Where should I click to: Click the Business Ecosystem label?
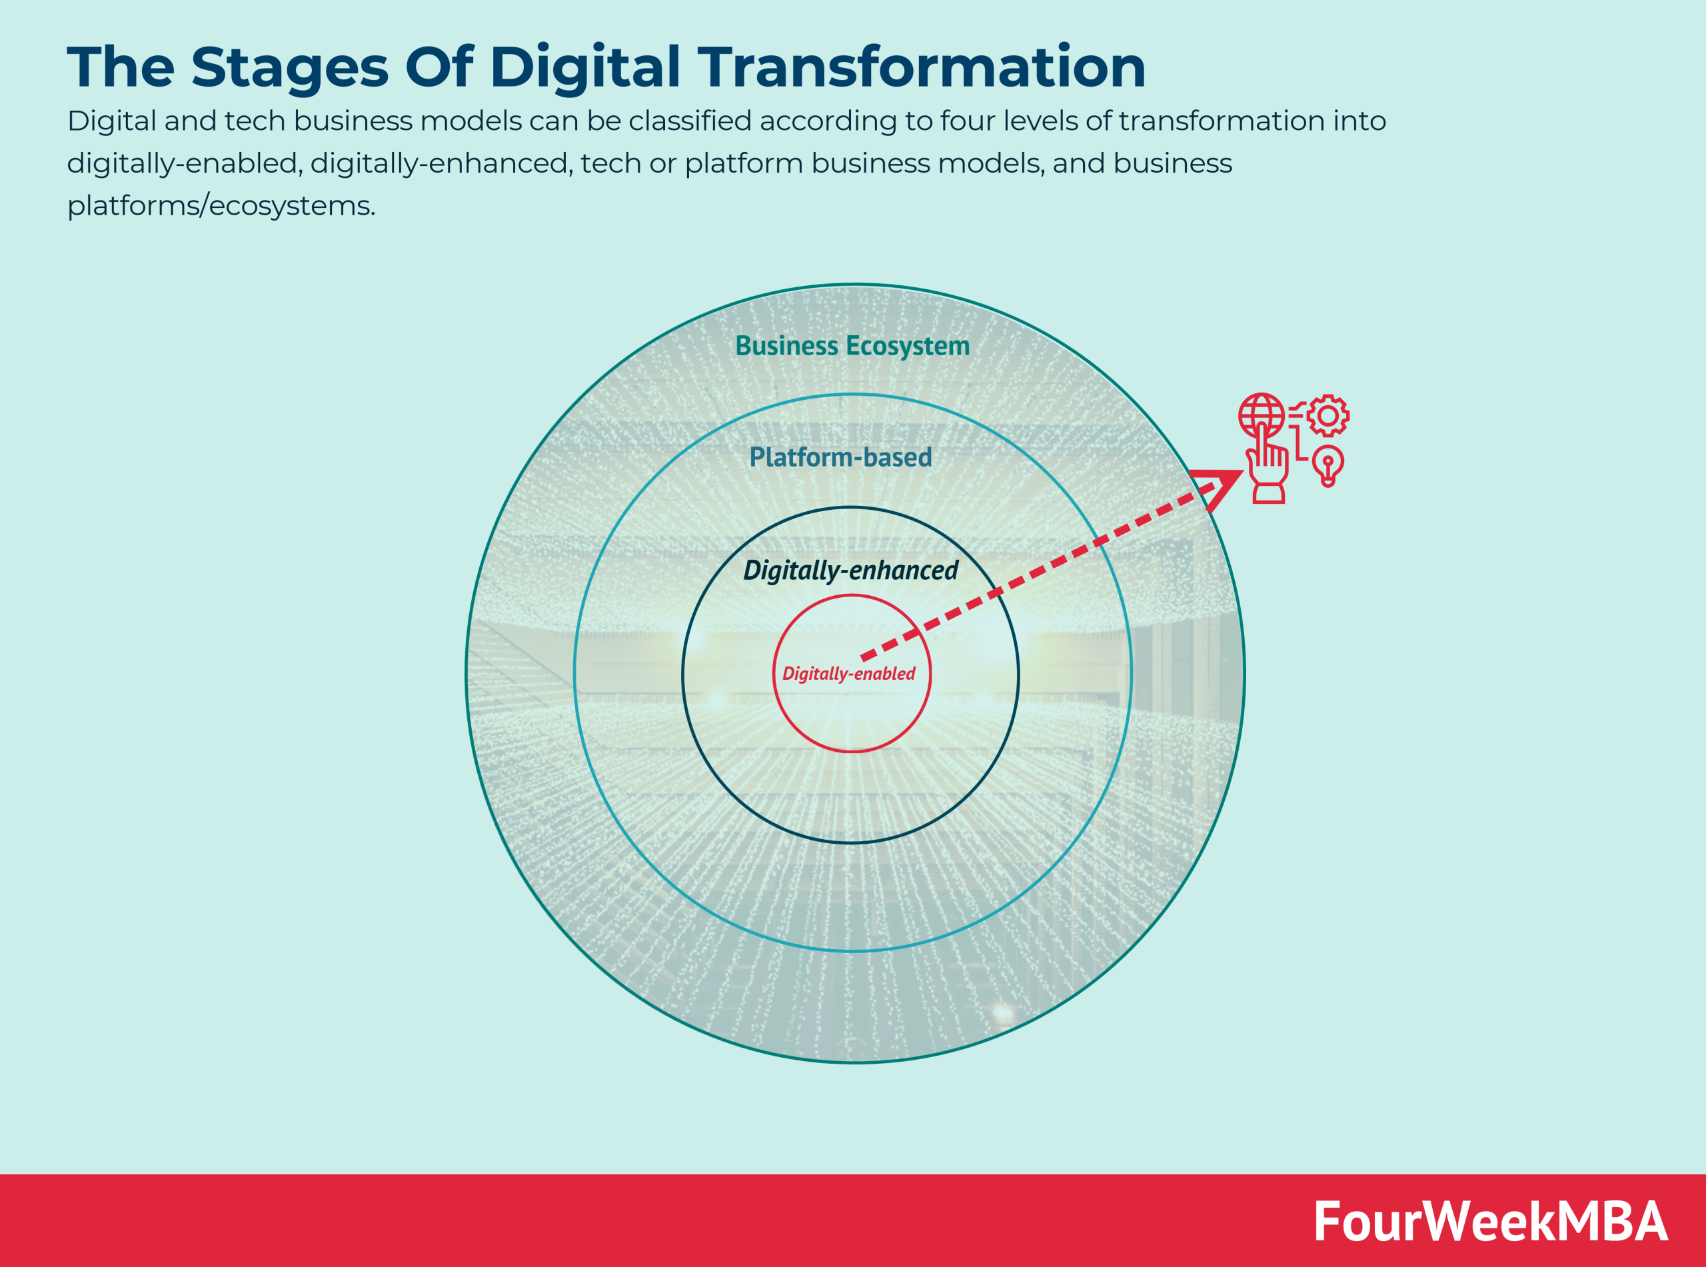(x=852, y=346)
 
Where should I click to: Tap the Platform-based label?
(x=840, y=457)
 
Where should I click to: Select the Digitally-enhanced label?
(x=850, y=570)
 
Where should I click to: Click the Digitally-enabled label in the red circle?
(x=848, y=673)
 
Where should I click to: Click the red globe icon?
(x=1261, y=415)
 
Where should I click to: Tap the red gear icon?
(x=1328, y=416)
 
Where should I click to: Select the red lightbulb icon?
(x=1328, y=465)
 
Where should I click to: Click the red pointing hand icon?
(x=1268, y=468)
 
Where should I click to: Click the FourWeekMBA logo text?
(x=1490, y=1222)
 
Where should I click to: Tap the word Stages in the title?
(x=289, y=67)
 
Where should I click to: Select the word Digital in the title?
(x=584, y=67)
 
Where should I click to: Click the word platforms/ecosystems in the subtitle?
(x=221, y=205)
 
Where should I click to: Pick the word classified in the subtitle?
(x=689, y=121)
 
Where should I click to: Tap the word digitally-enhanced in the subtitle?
(x=442, y=163)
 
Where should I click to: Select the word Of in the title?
(x=438, y=67)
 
